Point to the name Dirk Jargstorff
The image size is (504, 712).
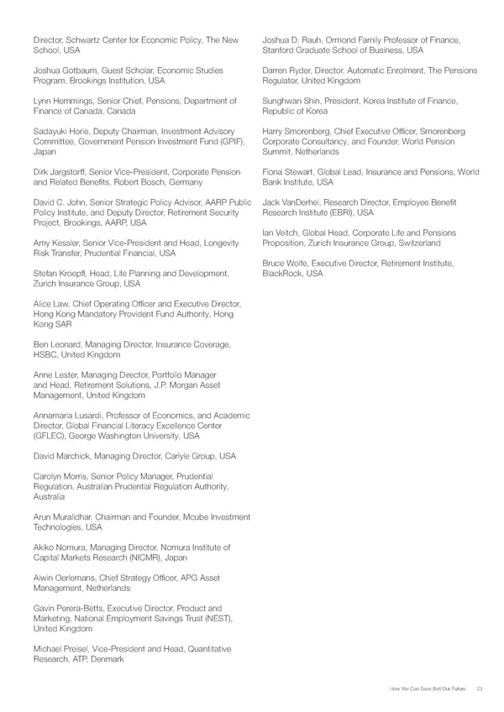[x=64, y=172]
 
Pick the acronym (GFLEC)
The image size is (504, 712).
[x=53, y=437]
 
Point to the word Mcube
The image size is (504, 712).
[x=186, y=517]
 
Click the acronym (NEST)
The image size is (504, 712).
[x=216, y=618]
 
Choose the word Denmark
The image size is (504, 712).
[x=107, y=659]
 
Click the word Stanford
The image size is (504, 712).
[x=280, y=50]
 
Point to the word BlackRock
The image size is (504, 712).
[x=283, y=274]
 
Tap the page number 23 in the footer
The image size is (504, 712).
[x=480, y=688]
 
